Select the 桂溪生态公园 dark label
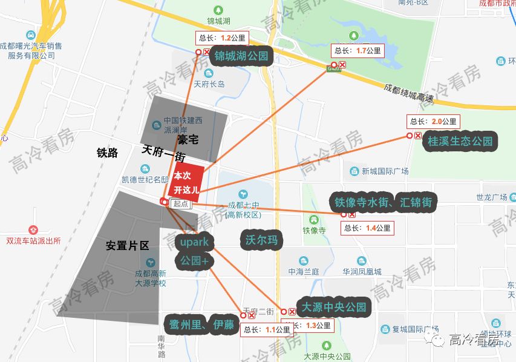click(460, 142)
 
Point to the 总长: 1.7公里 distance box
click(358, 51)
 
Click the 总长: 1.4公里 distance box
click(368, 228)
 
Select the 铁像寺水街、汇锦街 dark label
click(382, 202)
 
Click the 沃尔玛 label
click(261, 240)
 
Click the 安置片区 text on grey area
click(127, 246)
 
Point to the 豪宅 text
click(188, 139)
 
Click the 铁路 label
click(107, 153)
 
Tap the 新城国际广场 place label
click(385, 171)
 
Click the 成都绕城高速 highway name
click(409, 93)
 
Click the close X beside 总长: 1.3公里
click(292, 312)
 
